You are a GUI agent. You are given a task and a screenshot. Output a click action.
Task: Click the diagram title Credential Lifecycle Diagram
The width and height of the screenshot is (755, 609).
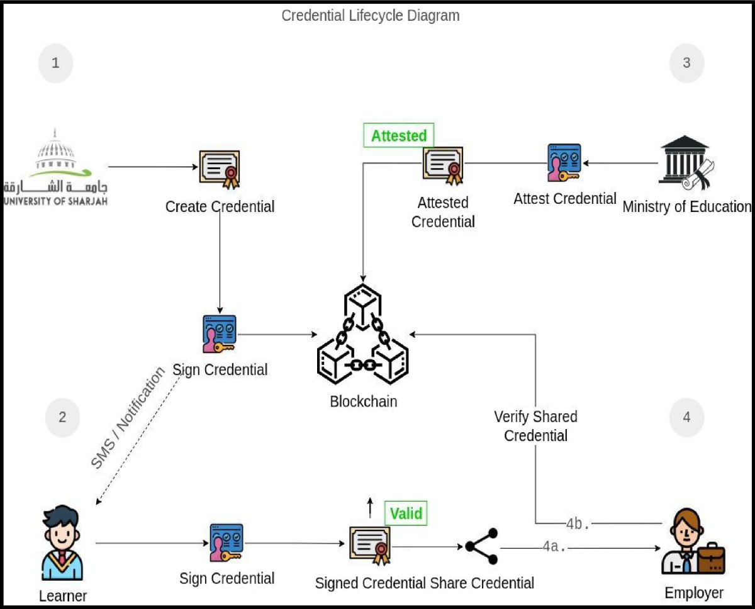(371, 16)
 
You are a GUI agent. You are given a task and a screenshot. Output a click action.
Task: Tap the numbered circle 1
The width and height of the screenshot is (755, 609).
(55, 63)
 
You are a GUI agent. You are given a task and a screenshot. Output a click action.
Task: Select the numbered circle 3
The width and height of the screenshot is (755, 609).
(686, 63)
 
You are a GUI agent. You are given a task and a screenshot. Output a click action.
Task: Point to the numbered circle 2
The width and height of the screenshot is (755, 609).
(62, 418)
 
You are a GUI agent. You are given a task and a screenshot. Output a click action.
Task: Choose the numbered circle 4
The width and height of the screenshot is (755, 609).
(686, 418)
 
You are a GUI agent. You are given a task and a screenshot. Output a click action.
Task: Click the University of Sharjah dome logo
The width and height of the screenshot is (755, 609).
(55, 167)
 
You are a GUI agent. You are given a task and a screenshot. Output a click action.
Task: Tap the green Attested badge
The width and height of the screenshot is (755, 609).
(399, 135)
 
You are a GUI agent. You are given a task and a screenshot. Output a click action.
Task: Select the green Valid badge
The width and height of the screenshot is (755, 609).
(406, 513)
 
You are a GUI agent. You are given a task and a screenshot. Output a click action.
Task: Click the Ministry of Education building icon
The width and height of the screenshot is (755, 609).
(686, 163)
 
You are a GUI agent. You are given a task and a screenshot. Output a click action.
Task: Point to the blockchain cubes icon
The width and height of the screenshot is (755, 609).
(363, 334)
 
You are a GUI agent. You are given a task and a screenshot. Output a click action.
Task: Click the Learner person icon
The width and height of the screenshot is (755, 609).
(62, 543)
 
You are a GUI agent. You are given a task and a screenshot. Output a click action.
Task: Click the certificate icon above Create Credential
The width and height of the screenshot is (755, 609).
(220, 170)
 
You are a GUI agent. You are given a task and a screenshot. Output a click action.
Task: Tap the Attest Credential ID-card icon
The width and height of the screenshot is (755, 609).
(564, 163)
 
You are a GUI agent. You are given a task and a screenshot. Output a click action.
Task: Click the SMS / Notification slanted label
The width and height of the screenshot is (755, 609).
(127, 418)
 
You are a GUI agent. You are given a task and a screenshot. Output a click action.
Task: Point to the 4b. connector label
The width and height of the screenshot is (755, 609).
(578, 524)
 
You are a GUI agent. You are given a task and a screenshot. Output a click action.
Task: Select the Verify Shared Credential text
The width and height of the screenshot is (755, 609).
(535, 426)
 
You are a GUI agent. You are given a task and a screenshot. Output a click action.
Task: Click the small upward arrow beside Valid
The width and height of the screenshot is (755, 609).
(370, 508)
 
